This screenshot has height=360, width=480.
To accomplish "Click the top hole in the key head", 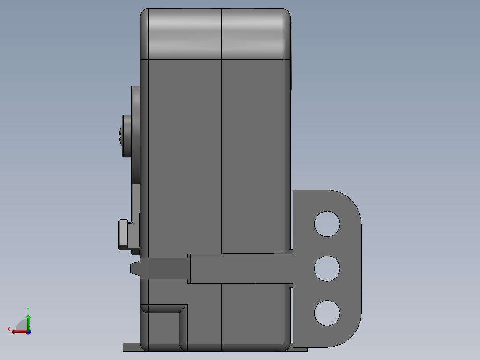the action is click(327, 224).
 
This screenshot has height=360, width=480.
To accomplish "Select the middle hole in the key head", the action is click(327, 268).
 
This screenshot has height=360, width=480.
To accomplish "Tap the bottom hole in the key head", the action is click(327, 313).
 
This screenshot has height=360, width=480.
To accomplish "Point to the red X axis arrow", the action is click(20, 332).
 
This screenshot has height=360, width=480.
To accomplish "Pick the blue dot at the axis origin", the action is click(28, 332).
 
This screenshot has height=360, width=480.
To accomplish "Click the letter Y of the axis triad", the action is click(28, 310).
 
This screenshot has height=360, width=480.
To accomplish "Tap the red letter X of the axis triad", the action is click(9, 330).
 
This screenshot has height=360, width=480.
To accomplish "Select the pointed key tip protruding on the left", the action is click(135, 269).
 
